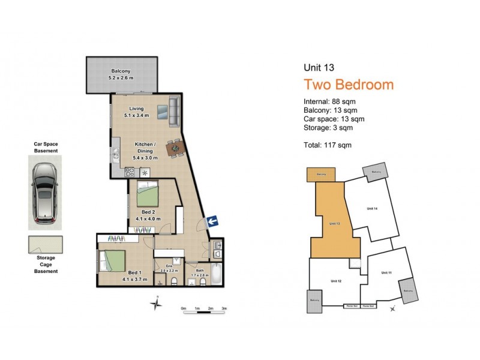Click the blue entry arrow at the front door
[211, 223]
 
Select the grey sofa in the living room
[174, 112]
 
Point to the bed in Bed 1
[112, 262]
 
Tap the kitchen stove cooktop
[128, 172]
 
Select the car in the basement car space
[44, 192]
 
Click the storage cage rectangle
[45, 245]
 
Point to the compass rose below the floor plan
[157, 305]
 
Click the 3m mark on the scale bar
[224, 308]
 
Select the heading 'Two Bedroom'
[349, 85]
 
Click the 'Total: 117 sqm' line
[328, 145]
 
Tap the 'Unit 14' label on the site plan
[371, 208]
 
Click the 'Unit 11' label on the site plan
[386, 272]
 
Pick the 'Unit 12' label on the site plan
[335, 281]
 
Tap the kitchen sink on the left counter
[115, 154]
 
